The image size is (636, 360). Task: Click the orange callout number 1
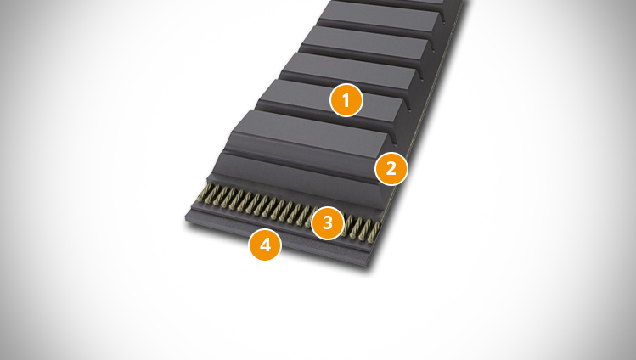[x=346, y=100]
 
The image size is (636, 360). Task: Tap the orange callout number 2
[x=391, y=169]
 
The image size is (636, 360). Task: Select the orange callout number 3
[x=327, y=222]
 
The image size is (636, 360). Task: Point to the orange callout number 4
[x=265, y=245]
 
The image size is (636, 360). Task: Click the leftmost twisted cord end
[x=204, y=192]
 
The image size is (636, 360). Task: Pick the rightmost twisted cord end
[x=375, y=232]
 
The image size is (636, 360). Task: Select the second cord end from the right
[x=366, y=230]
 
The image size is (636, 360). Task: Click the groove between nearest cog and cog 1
[x=324, y=116]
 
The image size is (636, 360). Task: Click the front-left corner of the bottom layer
[x=185, y=220]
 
